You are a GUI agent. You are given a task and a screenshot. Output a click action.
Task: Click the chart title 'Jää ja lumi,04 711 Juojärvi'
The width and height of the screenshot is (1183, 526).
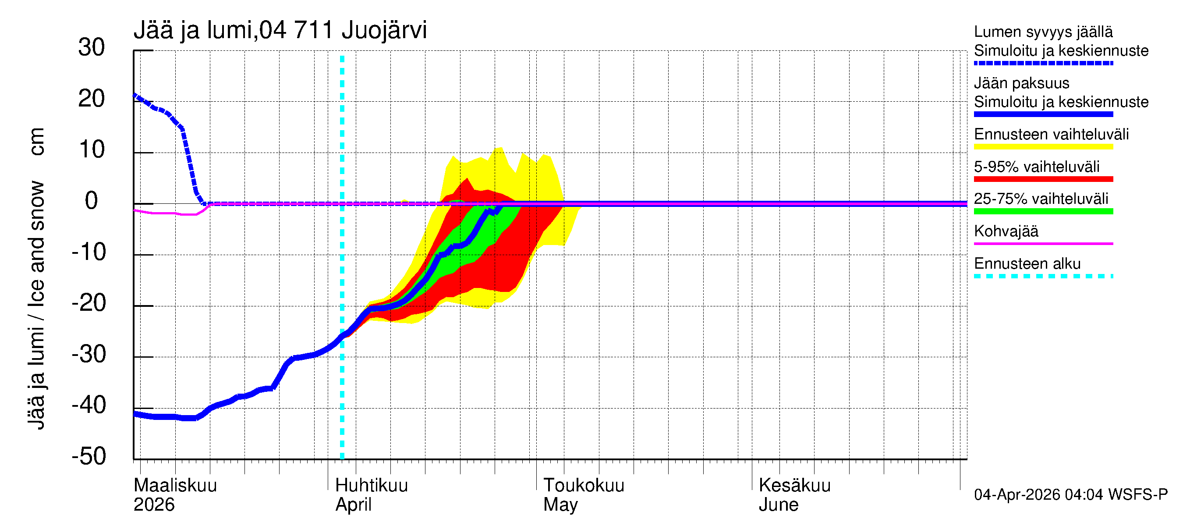pos(280,30)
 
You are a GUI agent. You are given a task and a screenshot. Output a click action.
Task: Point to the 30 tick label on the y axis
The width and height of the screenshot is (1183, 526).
pos(92,48)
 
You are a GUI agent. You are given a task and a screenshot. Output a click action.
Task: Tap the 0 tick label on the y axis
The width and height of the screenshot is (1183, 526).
pos(92,201)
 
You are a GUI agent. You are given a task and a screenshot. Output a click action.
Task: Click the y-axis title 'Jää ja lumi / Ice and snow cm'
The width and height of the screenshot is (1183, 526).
pos(36,278)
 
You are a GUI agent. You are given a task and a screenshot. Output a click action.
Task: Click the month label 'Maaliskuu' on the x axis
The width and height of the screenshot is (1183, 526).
pos(175,486)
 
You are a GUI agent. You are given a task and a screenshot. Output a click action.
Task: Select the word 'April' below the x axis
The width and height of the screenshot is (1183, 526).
pos(353,505)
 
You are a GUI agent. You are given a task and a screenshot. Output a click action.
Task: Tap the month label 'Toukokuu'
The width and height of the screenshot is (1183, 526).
pos(584,486)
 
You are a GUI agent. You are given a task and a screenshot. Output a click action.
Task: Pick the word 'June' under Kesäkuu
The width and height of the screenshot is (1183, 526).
pos(779,505)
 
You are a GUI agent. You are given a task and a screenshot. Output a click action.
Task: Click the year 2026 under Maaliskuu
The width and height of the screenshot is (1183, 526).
pos(154,505)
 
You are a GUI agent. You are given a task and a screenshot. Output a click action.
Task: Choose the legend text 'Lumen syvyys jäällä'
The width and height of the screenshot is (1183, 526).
pos(1043,32)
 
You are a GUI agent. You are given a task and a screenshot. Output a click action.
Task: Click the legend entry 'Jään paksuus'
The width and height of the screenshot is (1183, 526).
pos(1022,83)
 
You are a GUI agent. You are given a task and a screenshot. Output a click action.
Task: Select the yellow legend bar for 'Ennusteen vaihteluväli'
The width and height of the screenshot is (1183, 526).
pos(1043,147)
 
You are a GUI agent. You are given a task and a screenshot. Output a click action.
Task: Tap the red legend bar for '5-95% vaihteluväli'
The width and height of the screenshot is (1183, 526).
pos(1043,179)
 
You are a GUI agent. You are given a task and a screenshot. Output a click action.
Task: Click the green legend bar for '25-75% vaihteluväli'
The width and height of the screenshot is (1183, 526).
pos(1043,211)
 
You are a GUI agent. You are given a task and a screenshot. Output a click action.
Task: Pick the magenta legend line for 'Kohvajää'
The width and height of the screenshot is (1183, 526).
pos(1043,243)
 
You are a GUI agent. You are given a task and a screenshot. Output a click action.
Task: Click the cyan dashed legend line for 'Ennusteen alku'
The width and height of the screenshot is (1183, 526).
pos(1043,276)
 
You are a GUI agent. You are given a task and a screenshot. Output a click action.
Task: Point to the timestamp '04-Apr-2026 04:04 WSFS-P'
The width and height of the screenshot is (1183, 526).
pos(1070,495)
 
